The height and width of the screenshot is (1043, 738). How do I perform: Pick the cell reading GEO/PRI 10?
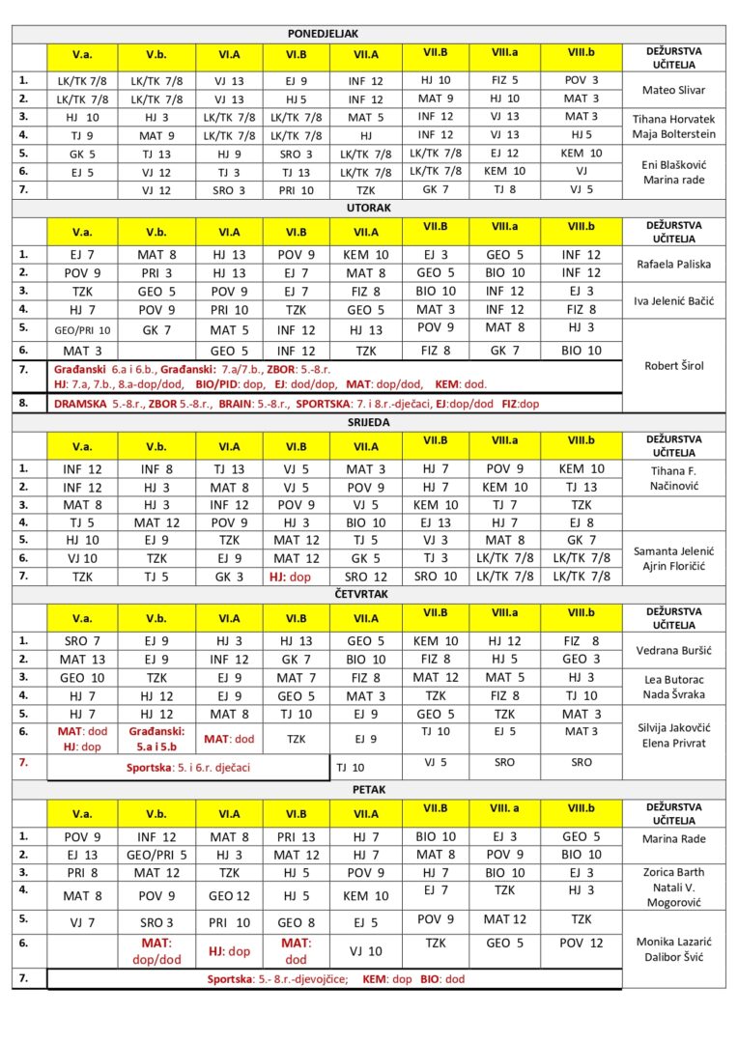82,330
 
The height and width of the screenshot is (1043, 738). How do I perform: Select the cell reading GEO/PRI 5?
156,855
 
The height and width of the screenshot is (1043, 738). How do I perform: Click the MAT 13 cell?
82,660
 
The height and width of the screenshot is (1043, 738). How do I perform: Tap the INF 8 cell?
156,468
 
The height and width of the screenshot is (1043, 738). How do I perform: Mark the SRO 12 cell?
365,577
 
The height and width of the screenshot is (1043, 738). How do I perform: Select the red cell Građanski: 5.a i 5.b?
156,739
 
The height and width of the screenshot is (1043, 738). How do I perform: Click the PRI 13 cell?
296,837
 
